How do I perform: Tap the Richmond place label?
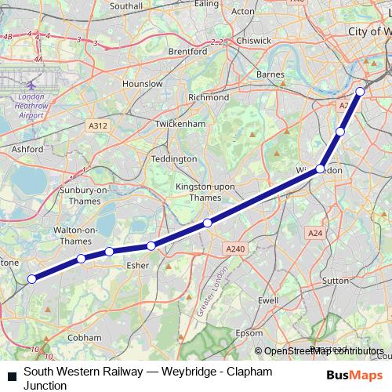click(208, 98)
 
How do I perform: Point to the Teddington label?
click(173, 158)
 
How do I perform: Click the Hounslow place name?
click(142, 83)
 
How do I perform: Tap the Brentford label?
click(188, 52)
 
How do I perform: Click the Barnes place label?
click(270, 75)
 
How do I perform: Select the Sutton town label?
click(335, 279)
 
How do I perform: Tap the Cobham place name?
click(85, 337)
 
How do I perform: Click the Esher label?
click(137, 265)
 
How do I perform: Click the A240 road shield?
click(235, 249)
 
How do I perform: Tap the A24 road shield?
click(316, 233)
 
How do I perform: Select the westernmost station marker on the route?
click(32, 279)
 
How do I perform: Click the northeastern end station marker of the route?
click(360, 93)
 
